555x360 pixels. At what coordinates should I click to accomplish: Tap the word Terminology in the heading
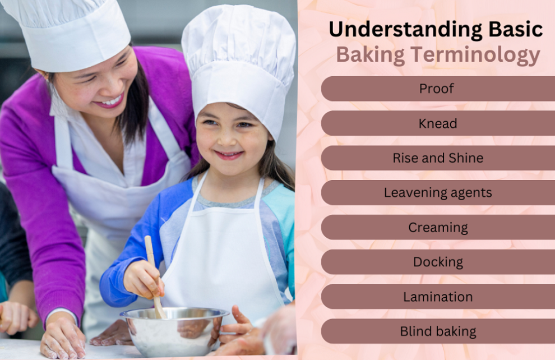pyautogui.click(x=475, y=55)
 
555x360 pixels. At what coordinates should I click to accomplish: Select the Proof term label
pyautogui.click(x=436, y=89)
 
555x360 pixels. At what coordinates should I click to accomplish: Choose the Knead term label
pyautogui.click(x=438, y=123)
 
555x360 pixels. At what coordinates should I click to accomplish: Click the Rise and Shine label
pyautogui.click(x=438, y=158)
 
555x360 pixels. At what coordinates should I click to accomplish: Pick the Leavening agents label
pyautogui.click(x=438, y=193)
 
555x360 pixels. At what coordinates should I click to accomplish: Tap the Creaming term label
pyautogui.click(x=438, y=228)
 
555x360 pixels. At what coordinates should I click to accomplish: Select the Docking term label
pyautogui.click(x=438, y=262)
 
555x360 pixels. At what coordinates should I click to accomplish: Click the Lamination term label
pyautogui.click(x=438, y=297)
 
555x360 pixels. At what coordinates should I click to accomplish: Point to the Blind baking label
pyautogui.click(x=438, y=331)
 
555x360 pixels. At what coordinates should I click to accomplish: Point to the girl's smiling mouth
pyautogui.click(x=229, y=155)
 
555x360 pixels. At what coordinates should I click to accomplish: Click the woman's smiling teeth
pyautogui.click(x=111, y=101)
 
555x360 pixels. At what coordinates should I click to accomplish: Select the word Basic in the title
pyautogui.click(x=516, y=29)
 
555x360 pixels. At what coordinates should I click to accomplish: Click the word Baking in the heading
pyautogui.click(x=370, y=55)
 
